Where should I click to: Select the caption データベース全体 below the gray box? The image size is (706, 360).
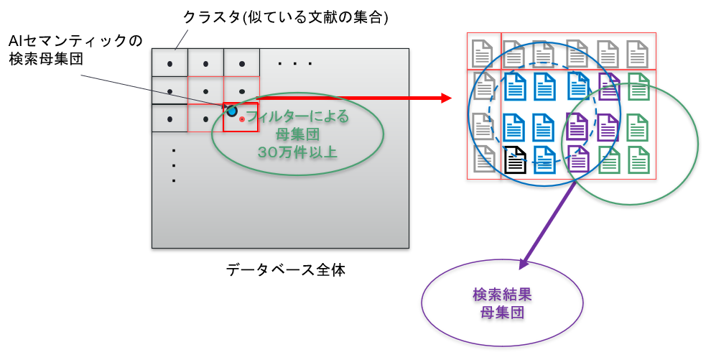[285, 270]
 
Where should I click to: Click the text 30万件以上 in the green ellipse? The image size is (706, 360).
[297, 152]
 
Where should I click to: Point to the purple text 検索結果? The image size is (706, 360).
[502, 295]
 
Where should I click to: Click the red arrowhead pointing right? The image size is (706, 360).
[446, 98]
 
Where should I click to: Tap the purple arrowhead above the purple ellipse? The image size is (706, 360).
[524, 264]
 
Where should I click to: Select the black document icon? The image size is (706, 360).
[515, 160]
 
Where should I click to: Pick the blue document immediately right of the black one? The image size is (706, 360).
[544, 160]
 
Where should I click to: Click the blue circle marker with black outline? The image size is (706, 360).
[232, 111]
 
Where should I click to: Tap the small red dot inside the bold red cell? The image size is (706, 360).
[242, 119]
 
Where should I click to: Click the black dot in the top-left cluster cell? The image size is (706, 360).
[169, 64]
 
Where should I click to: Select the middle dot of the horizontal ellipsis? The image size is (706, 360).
[295, 64]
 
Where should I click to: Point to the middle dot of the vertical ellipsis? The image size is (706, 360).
[174, 166]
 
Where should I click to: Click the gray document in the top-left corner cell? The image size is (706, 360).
[483, 54]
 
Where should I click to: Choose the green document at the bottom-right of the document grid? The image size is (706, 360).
[638, 160]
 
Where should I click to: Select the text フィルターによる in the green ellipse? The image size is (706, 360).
[298, 116]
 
